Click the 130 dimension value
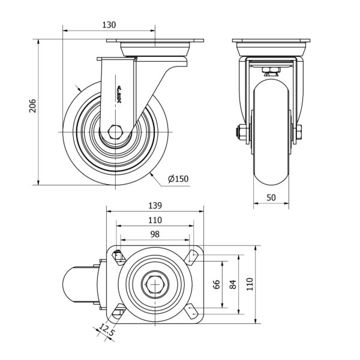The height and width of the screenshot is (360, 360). click(x=109, y=25)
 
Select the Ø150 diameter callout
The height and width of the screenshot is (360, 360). click(x=178, y=178)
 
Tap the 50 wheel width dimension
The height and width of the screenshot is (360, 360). click(x=272, y=198)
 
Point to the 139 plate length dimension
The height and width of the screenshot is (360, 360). click(x=155, y=205)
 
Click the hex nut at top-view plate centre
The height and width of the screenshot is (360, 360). click(x=155, y=284)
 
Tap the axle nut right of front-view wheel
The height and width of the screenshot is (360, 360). click(x=299, y=133)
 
